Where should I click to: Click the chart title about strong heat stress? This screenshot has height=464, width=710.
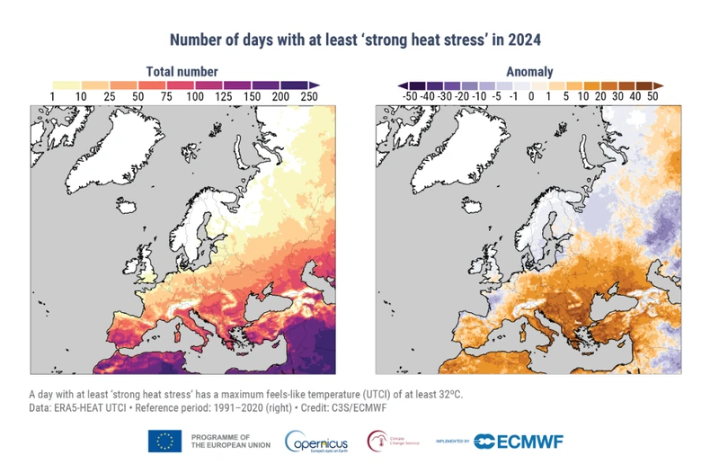[x=355, y=40]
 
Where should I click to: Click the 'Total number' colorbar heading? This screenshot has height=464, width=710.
[x=182, y=71]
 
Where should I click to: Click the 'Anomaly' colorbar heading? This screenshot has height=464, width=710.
[x=529, y=71]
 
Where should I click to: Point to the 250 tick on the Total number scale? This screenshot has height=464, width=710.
[x=309, y=95]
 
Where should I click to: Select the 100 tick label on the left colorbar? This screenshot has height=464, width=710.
[x=195, y=95]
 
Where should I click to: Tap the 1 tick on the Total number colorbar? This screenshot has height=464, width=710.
[x=53, y=95]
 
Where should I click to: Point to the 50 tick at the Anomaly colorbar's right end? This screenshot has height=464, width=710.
[x=652, y=95]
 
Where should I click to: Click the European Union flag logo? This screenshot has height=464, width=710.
[x=164, y=441]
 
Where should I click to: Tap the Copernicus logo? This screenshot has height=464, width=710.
[x=316, y=441]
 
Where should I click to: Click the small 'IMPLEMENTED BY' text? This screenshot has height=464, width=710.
[x=452, y=442]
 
